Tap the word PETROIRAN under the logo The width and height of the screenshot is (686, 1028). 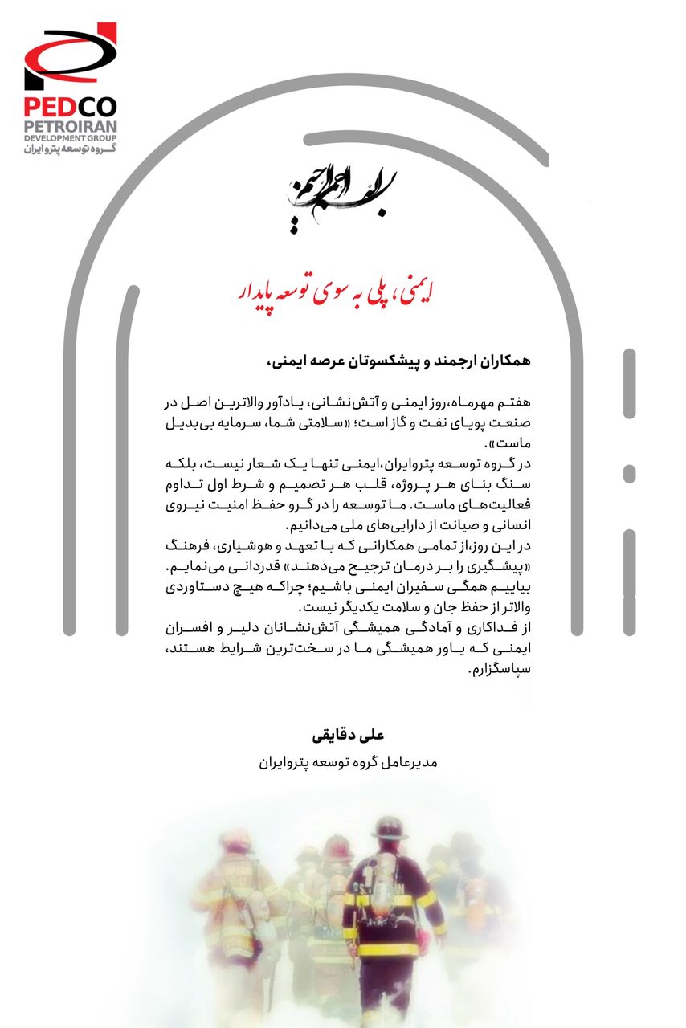pos(70,126)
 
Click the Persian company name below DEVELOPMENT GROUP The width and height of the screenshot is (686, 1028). pos(70,149)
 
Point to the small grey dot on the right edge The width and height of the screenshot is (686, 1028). pos(629,474)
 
